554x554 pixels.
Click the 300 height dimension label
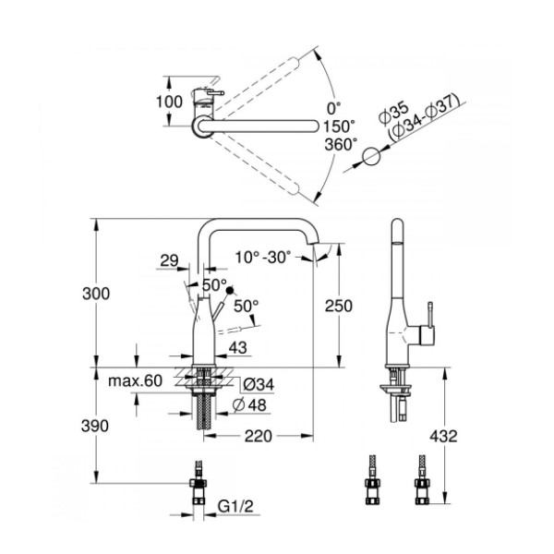tap(96, 294)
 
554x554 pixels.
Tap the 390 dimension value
tap(95, 426)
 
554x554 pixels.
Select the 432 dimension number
tap(443, 436)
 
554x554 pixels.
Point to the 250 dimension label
tap(339, 306)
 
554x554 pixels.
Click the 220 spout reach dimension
tap(259, 436)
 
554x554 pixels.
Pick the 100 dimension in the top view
tap(170, 102)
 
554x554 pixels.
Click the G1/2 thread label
tap(235, 506)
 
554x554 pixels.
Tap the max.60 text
tap(136, 380)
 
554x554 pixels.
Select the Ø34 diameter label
tap(259, 384)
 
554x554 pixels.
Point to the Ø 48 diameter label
tap(250, 405)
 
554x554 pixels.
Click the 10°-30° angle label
tap(263, 258)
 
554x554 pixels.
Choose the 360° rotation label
tap(341, 144)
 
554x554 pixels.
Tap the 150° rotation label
tap(339, 126)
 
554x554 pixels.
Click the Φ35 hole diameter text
tap(393, 113)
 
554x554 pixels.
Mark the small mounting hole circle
tap(371, 156)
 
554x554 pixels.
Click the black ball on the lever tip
tap(230, 291)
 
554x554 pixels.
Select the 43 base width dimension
tap(238, 348)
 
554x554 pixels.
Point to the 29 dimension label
tap(169, 260)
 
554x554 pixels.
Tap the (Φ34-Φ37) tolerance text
tap(424, 118)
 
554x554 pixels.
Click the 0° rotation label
tap(334, 108)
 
